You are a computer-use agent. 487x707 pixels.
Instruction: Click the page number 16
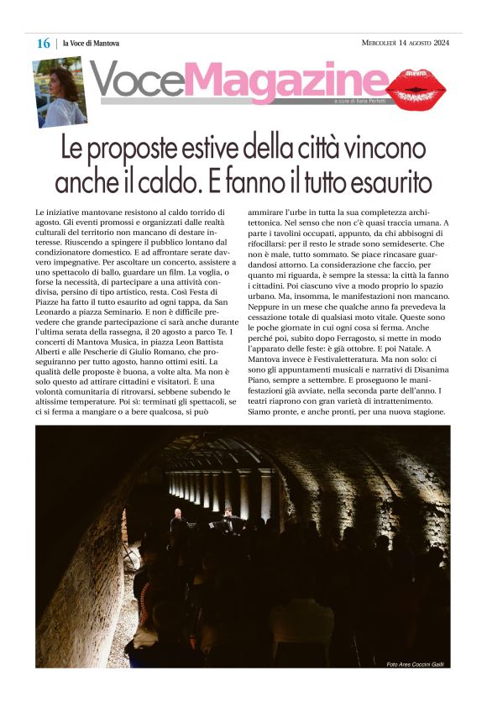43,44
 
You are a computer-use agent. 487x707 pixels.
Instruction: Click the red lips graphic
416,86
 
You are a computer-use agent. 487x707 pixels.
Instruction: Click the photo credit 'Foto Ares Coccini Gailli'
415,664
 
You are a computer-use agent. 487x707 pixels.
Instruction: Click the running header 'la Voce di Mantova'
91,44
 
